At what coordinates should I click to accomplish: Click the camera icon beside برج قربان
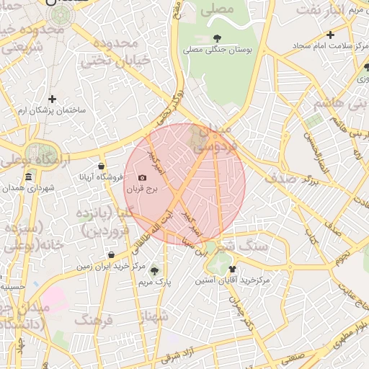[142, 178]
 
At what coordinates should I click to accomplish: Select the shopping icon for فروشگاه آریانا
[102, 166]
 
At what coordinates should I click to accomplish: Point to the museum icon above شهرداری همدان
[28, 177]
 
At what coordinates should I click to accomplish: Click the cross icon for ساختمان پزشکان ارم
[52, 99]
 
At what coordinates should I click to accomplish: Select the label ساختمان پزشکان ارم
[52, 110]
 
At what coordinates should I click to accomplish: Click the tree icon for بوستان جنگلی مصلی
[218, 38]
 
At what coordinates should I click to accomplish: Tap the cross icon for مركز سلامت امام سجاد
[330, 35]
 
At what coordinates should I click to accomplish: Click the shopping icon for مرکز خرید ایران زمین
[111, 254]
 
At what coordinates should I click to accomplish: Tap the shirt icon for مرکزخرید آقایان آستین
[232, 268]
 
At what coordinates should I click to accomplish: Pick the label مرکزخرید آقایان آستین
[233, 280]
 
